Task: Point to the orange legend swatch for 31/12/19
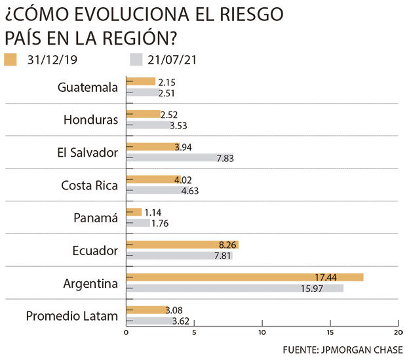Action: tap(11, 60)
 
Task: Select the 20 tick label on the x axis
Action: tap(398, 332)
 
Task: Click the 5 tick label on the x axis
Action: tap(193, 332)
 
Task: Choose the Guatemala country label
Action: tap(87, 87)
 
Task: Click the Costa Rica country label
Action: tap(89, 186)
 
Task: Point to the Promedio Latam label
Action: tap(72, 316)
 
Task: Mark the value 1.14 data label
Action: tap(153, 212)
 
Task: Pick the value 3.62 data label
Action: tap(182, 321)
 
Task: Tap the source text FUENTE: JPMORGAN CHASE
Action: tap(342, 350)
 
